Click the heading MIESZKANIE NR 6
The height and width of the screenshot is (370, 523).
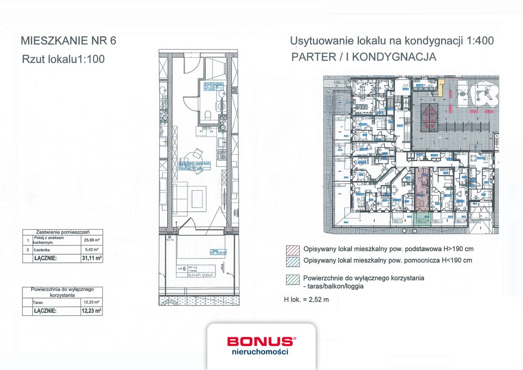coord(68,41)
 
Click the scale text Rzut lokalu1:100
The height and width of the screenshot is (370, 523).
coord(63,59)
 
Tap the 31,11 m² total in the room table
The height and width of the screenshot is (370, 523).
coord(91,258)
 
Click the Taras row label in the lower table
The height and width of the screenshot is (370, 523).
coord(39,302)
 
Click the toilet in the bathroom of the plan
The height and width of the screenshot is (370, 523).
coord(208,115)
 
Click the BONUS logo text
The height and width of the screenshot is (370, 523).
coord(260,341)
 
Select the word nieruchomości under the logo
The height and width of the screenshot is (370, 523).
coord(260,352)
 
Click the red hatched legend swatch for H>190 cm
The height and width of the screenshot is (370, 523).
coord(293,250)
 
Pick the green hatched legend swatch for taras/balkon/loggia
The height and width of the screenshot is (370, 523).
coord(293,279)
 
